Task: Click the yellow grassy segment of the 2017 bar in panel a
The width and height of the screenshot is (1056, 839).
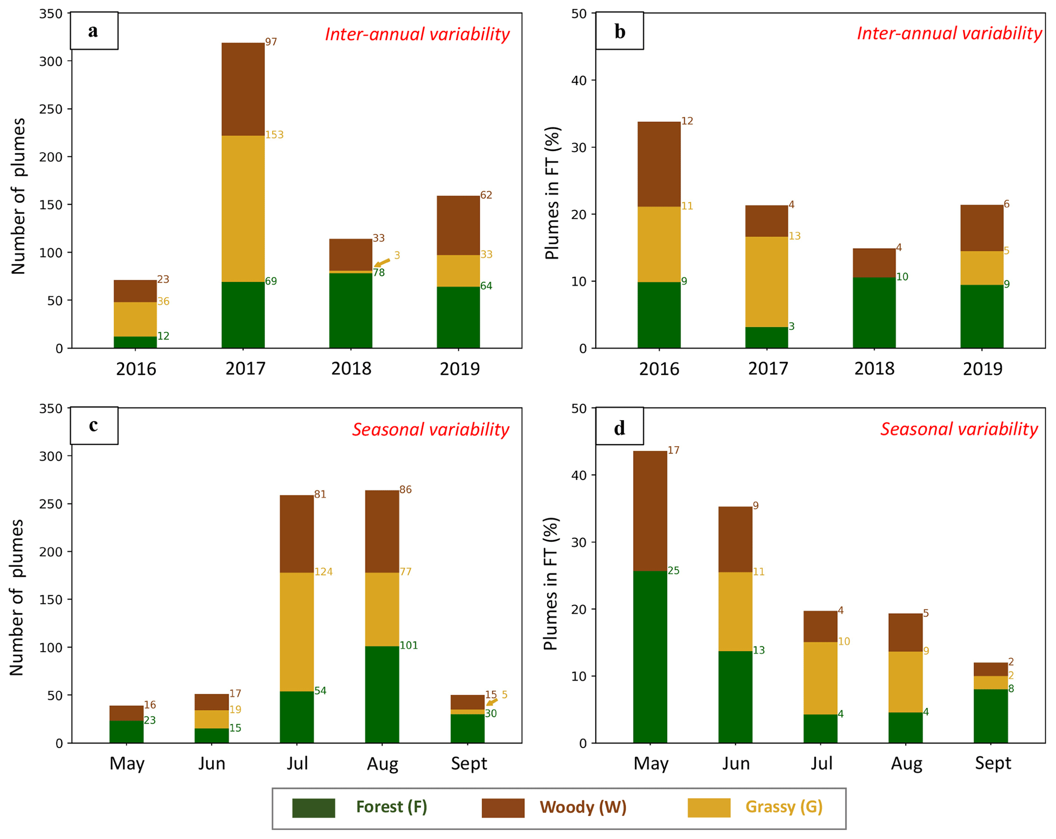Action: click(x=243, y=208)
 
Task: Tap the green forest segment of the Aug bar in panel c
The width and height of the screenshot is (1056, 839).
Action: click(x=382, y=694)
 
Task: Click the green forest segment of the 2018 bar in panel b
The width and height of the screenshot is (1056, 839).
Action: click(x=874, y=313)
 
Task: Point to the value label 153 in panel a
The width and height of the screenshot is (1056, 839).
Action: click(x=274, y=135)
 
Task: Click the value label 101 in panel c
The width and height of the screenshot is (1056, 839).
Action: click(x=408, y=645)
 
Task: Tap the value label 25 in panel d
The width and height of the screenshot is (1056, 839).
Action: click(x=673, y=570)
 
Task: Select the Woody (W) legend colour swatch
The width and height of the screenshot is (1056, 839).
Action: click(x=503, y=808)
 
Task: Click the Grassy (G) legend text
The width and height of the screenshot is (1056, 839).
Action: click(x=784, y=807)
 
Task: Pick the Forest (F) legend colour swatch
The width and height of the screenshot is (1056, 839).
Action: click(x=313, y=808)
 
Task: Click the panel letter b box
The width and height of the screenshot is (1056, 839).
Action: click(x=619, y=31)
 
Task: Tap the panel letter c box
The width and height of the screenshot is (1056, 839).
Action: click(x=94, y=425)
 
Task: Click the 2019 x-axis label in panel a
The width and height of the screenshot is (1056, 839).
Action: click(x=459, y=369)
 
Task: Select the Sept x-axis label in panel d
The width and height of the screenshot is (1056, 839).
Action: click(x=993, y=763)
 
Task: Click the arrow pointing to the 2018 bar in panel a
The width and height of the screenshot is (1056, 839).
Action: click(x=382, y=262)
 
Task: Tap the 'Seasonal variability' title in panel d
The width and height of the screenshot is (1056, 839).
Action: click(x=958, y=429)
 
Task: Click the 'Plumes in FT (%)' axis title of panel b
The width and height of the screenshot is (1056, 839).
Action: click(x=552, y=193)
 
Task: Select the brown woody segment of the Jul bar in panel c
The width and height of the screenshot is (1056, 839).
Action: click(x=296, y=534)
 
